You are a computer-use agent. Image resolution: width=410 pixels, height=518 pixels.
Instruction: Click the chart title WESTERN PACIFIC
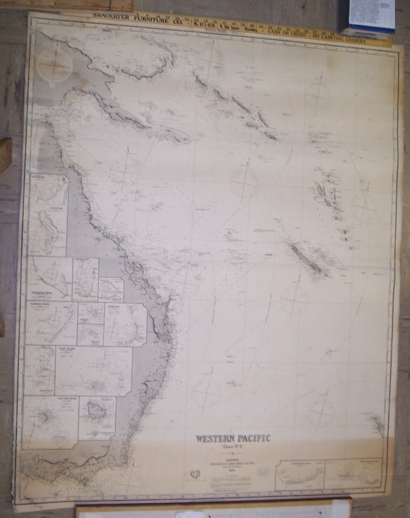(233, 438)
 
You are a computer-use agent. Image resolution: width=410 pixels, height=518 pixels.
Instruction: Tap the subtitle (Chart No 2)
(233, 447)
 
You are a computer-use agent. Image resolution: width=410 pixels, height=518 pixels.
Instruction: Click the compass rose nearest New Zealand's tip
(321, 411)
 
